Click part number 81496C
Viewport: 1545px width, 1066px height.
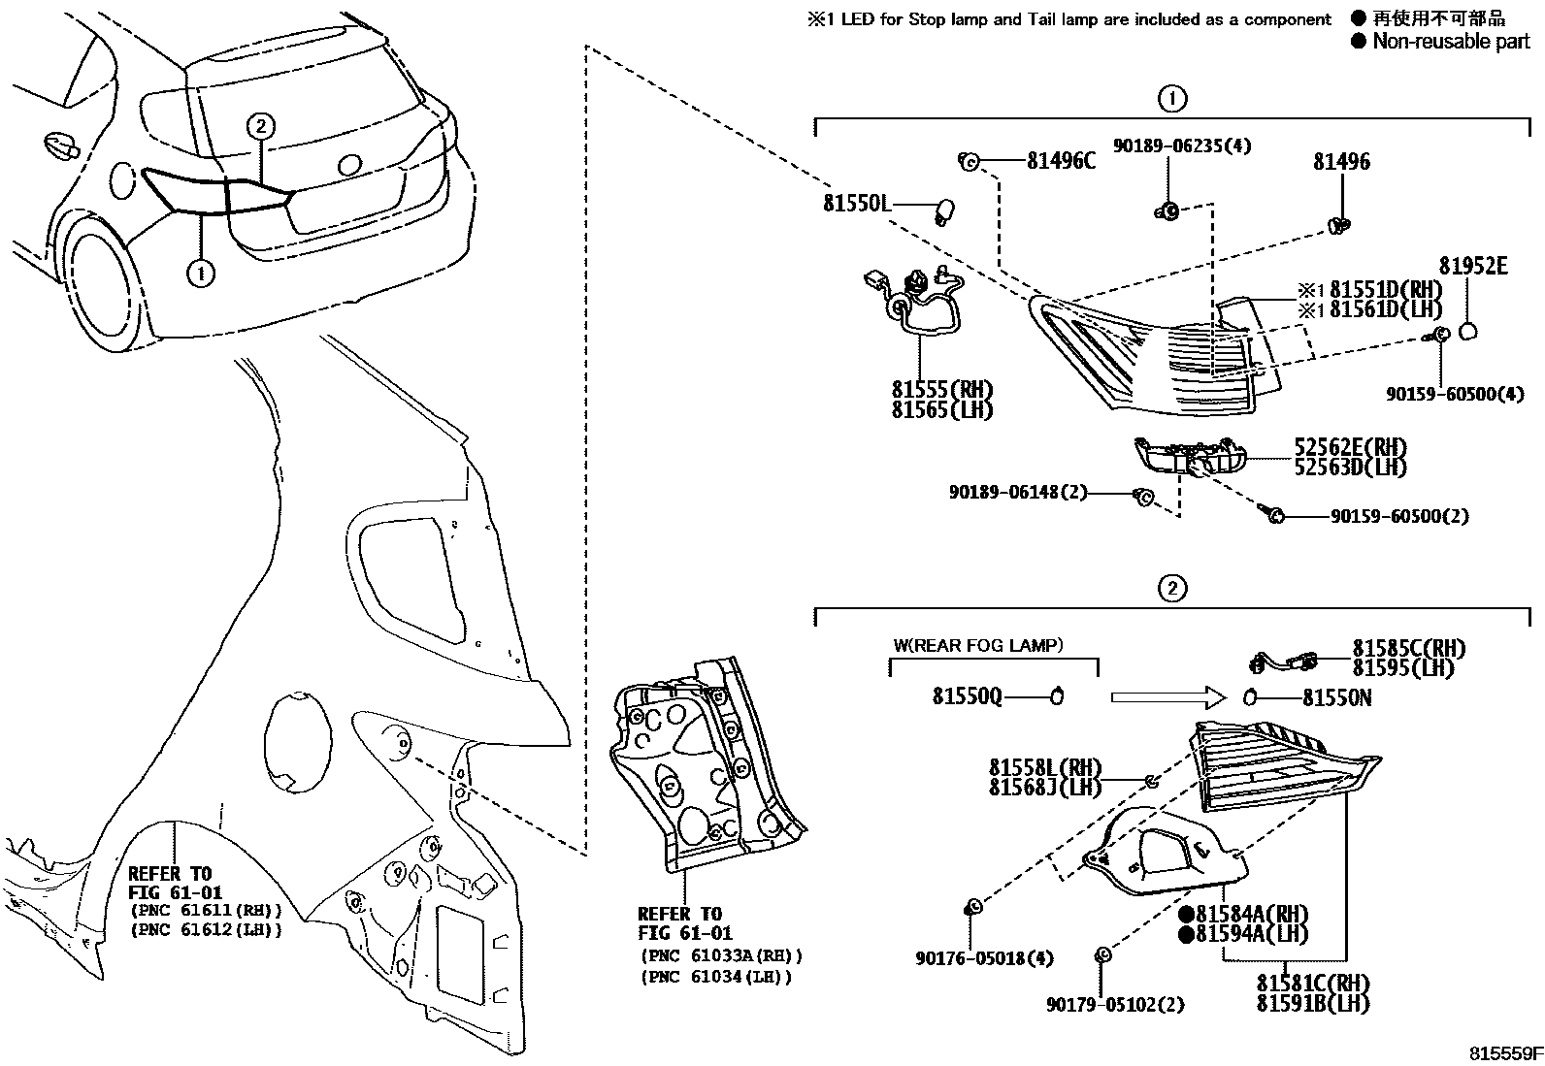pos(1061,162)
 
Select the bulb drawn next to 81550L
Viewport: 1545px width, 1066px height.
pos(942,210)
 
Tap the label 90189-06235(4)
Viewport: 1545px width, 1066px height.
pos(1181,145)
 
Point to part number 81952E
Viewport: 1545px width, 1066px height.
pos(1472,267)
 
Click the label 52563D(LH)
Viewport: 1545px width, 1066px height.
pos(1350,468)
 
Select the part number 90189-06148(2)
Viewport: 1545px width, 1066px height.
pos(1018,493)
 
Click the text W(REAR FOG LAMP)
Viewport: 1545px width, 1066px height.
pos(977,645)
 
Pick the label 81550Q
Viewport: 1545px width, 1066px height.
pos(967,696)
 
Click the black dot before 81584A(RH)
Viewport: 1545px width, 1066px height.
pos(1185,915)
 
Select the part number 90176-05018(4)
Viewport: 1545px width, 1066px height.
pos(984,958)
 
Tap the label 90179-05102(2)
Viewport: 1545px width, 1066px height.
pos(1115,1005)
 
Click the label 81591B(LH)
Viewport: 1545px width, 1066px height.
pos(1312,1003)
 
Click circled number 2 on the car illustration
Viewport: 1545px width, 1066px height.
pos(260,125)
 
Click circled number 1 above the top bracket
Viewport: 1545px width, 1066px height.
pos(1172,98)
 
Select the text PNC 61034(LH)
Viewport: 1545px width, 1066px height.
pos(716,977)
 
